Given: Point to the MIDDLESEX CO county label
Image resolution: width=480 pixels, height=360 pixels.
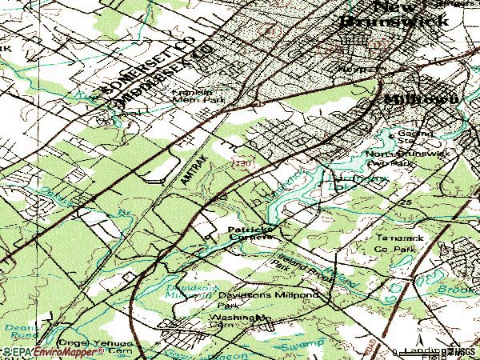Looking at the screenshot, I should pyautogui.click(x=165, y=75).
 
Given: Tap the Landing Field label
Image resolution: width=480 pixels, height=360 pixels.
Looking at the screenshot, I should pyautogui.click(x=424, y=351).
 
